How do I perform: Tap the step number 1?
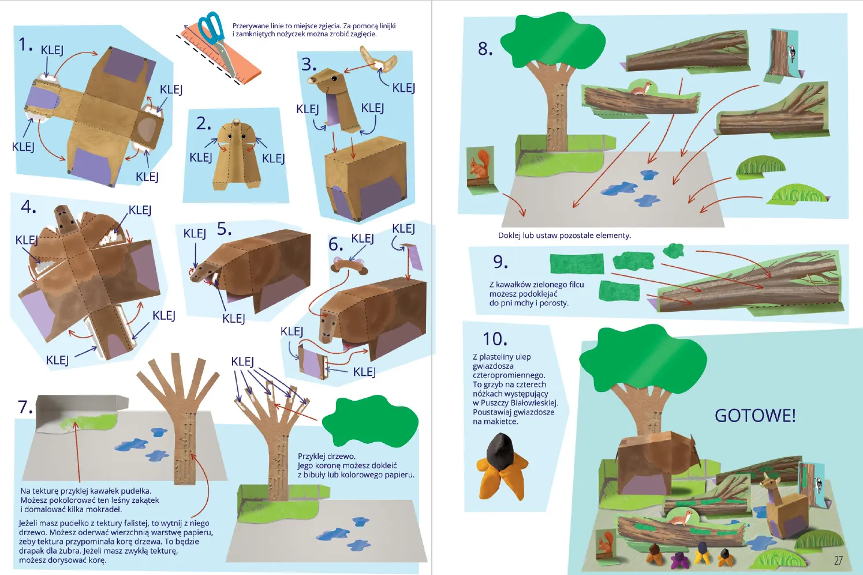click(25, 44)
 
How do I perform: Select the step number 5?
click(224, 229)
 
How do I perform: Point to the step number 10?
click(495, 339)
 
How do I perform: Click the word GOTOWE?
click(755, 416)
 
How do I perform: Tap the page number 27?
click(838, 561)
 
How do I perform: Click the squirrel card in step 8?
click(480, 170)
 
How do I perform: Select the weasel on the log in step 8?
click(640, 89)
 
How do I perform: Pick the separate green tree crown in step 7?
click(370, 421)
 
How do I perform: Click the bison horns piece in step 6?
click(350, 266)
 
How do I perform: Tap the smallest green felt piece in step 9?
click(674, 251)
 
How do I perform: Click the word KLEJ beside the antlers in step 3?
click(404, 88)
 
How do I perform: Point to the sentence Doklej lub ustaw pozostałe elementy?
click(565, 236)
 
